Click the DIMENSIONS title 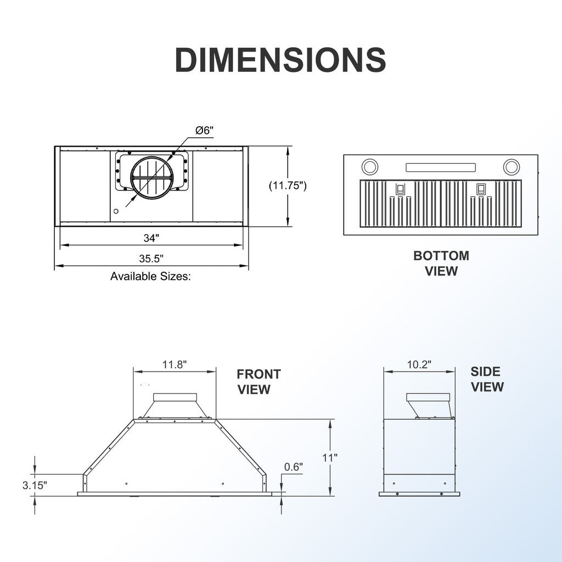(x=280, y=59)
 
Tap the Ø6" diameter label (x=204, y=131)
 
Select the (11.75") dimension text (x=288, y=186)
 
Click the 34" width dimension (x=151, y=238)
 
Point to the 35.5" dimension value (x=151, y=258)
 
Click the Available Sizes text (x=150, y=277)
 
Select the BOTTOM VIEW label (x=441, y=263)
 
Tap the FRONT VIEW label (x=258, y=382)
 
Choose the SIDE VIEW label (x=487, y=379)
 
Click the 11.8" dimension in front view (x=175, y=365)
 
